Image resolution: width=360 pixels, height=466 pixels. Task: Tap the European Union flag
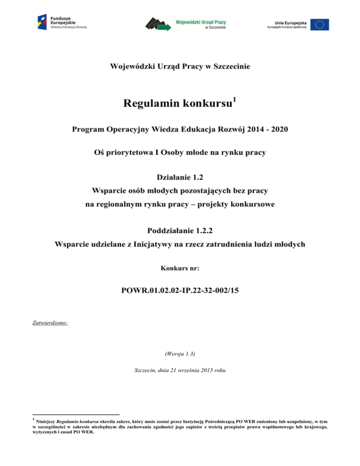(x=322, y=24)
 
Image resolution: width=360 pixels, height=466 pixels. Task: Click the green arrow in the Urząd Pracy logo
(x=165, y=28)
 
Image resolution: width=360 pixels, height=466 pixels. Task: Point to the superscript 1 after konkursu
(x=235, y=98)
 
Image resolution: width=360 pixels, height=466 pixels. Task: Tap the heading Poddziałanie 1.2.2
(x=180, y=231)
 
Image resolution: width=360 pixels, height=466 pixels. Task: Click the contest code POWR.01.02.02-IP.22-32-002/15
(x=180, y=291)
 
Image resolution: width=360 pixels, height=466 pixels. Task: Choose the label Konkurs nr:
(x=180, y=269)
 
